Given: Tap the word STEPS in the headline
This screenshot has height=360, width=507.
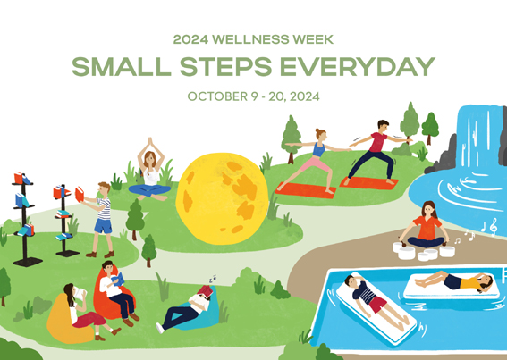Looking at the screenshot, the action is click(225, 67).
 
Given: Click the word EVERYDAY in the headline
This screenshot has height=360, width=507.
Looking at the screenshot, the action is click(358, 67).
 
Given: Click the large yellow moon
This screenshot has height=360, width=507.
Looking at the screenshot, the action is click(222, 198).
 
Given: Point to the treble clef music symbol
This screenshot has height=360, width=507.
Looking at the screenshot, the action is click(493, 227).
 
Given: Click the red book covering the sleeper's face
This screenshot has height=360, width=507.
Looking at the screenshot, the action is click(206, 291).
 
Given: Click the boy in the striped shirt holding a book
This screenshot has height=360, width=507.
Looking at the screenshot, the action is click(99, 220).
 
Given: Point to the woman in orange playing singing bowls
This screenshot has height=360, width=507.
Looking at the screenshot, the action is click(427, 226).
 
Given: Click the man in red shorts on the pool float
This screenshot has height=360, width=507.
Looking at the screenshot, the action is click(375, 302).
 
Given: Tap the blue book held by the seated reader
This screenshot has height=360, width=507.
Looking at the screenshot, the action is click(118, 280).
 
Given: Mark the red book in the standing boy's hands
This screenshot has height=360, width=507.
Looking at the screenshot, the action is click(80, 195).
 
